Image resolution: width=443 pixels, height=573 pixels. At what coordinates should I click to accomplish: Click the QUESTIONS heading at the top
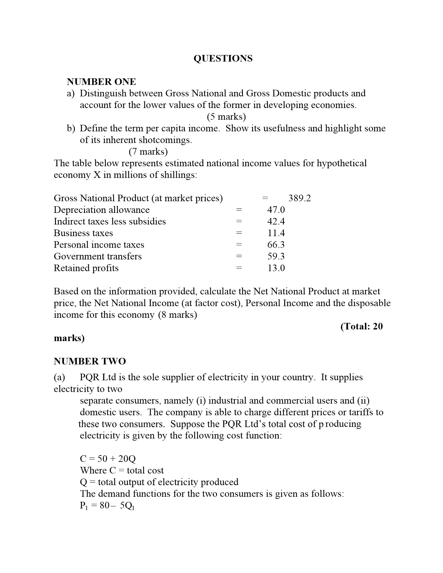point(223,58)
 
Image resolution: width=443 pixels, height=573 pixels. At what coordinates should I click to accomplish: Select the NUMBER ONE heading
point(101,82)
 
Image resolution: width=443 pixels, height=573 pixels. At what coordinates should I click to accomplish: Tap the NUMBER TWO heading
point(90,361)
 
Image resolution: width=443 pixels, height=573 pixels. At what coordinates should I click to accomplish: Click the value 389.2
point(300,198)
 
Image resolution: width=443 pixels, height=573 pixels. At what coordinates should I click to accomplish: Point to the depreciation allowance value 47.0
point(276,210)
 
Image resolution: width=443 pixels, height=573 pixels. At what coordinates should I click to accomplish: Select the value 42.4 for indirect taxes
point(276,222)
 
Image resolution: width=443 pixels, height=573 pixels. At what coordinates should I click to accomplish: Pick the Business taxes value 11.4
point(276,233)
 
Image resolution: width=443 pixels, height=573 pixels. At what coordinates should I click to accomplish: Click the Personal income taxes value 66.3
point(276,245)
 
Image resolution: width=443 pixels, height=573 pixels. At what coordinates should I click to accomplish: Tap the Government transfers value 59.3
point(276,256)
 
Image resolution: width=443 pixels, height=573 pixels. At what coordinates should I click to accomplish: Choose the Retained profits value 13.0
point(276,268)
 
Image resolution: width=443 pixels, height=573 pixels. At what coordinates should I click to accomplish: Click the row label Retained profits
point(86,268)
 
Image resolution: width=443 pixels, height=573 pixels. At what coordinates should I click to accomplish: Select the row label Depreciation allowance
point(101,210)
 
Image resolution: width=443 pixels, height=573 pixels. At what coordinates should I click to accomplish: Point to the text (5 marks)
point(226,117)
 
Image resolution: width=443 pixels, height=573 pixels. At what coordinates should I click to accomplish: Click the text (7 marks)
point(148,152)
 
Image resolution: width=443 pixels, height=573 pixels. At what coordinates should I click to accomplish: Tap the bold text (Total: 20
point(362,326)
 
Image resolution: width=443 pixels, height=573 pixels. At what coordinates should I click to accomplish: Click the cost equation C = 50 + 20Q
point(108,459)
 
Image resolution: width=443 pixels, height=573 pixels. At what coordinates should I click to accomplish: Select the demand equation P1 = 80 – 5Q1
point(107,506)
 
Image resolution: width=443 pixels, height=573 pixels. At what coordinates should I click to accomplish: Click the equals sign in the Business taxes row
point(238,233)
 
